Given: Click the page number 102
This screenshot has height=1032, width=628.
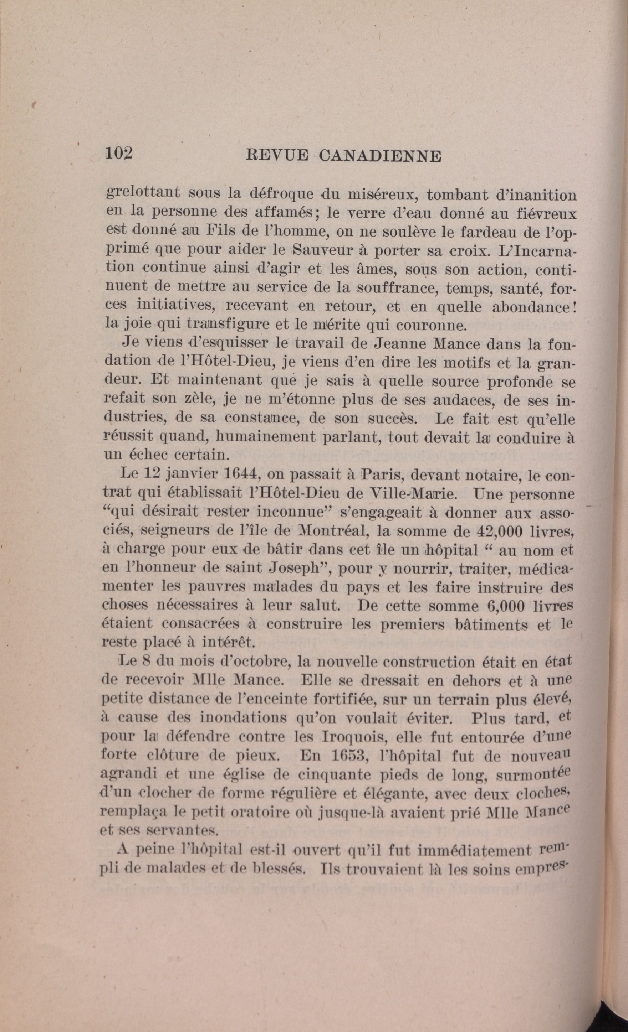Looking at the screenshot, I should [119, 153].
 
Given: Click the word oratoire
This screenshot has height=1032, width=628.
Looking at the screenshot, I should [279, 814].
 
